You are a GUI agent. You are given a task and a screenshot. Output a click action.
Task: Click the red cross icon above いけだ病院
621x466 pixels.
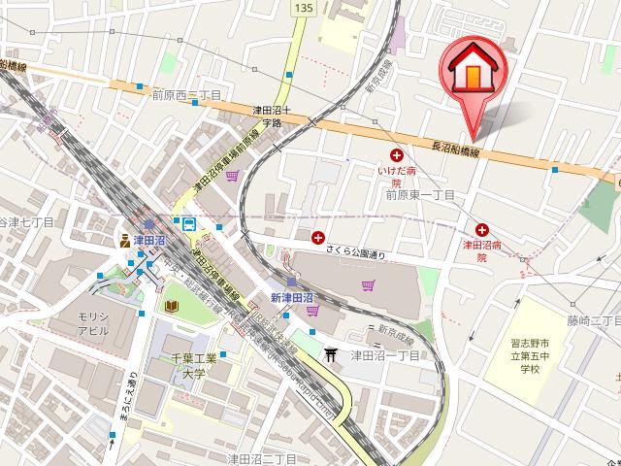point(396,155)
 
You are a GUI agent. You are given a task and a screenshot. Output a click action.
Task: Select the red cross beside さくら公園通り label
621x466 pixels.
point(318,236)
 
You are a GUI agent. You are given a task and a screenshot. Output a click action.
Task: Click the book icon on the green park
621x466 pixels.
point(170,307)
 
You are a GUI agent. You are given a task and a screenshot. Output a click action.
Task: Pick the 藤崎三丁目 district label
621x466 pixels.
point(594,319)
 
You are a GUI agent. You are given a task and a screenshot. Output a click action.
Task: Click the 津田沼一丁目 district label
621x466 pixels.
point(384,355)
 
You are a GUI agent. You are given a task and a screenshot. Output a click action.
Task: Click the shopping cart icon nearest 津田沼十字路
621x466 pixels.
point(232,176)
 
